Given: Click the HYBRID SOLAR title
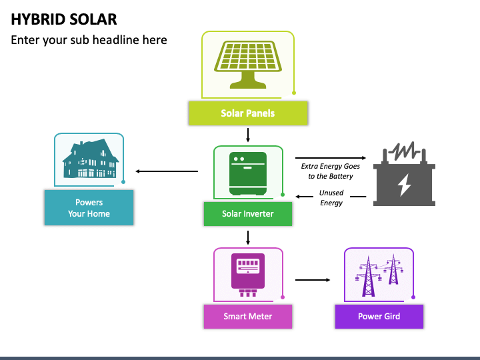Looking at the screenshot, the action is pyautogui.click(x=64, y=19).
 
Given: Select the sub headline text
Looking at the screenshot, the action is pyautogui.click(x=89, y=40).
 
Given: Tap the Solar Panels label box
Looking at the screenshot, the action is pyautogui.click(x=248, y=113).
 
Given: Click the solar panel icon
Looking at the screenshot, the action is pyautogui.click(x=248, y=65).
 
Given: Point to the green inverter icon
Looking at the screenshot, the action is pyautogui.click(x=248, y=173).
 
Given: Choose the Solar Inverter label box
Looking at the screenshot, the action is pyautogui.click(x=248, y=214).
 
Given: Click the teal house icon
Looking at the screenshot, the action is pyautogui.click(x=91, y=159).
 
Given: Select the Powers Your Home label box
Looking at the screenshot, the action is pyautogui.click(x=89, y=207).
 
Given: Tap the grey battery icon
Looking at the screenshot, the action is pyautogui.click(x=404, y=174).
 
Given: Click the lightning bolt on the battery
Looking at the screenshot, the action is pyautogui.click(x=404, y=185).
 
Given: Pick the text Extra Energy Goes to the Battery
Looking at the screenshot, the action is pyautogui.click(x=331, y=171).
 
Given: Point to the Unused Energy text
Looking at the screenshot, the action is pyautogui.click(x=331, y=198).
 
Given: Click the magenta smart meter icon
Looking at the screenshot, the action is pyautogui.click(x=248, y=275).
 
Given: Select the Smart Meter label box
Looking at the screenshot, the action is pyautogui.click(x=248, y=317).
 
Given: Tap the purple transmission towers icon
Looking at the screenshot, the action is pyautogui.click(x=379, y=275).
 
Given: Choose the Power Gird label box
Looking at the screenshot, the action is pyautogui.click(x=379, y=317).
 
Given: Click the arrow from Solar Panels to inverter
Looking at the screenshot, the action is pyautogui.click(x=248, y=135).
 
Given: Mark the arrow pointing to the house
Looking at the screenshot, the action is pyautogui.click(x=167, y=171).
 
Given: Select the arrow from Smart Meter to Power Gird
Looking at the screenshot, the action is pyautogui.click(x=313, y=280).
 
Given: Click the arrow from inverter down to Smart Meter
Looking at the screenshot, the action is pyautogui.click(x=248, y=238).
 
